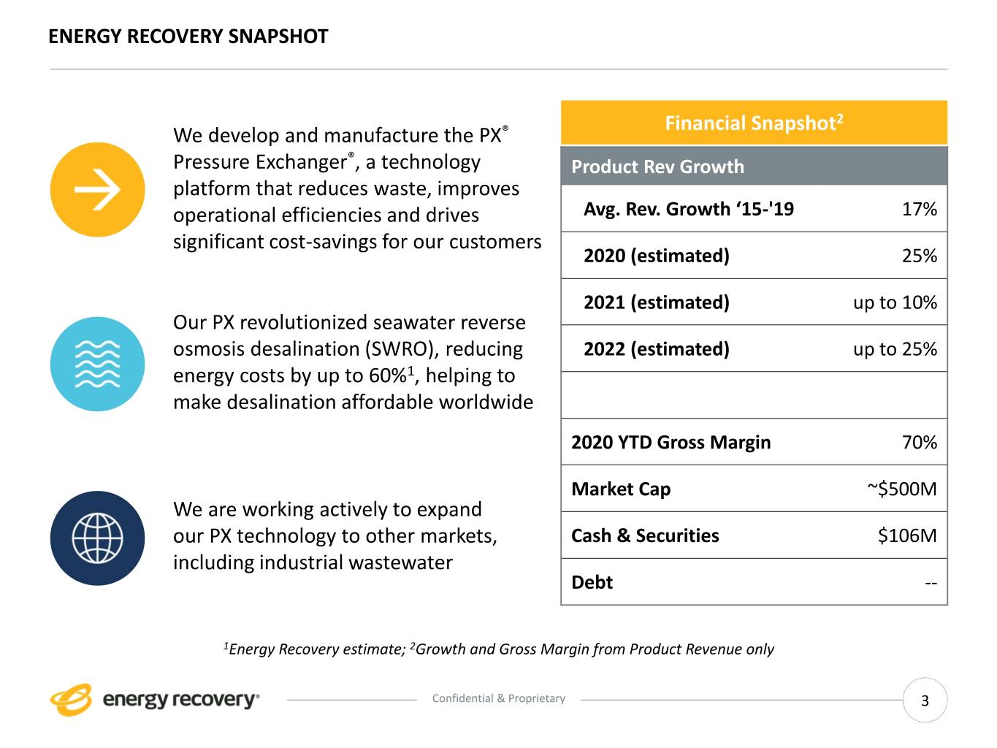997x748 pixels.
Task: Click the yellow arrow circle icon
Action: (x=97, y=190)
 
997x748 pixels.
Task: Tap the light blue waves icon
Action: (x=97, y=364)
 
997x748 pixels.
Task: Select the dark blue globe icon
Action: (x=97, y=538)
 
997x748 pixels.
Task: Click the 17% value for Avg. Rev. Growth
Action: (x=919, y=210)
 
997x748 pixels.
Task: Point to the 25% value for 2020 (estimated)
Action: (x=919, y=256)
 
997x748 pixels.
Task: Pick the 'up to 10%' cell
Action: (x=895, y=302)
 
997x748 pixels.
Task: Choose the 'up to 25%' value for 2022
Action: (x=895, y=349)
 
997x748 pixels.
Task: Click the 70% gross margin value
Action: (x=919, y=443)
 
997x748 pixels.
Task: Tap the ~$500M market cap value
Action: (x=901, y=489)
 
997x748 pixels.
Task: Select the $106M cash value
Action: (x=906, y=535)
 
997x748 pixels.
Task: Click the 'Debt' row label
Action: (x=592, y=582)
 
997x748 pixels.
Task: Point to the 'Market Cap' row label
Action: (x=620, y=489)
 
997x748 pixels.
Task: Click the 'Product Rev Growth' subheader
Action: (x=657, y=167)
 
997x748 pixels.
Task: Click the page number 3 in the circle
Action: (x=925, y=701)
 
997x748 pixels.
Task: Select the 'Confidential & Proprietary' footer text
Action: (x=499, y=698)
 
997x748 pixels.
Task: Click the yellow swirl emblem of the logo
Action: (x=71, y=699)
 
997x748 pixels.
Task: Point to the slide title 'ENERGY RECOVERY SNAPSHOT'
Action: (x=188, y=37)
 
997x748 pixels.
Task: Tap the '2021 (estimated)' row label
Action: (x=656, y=302)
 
